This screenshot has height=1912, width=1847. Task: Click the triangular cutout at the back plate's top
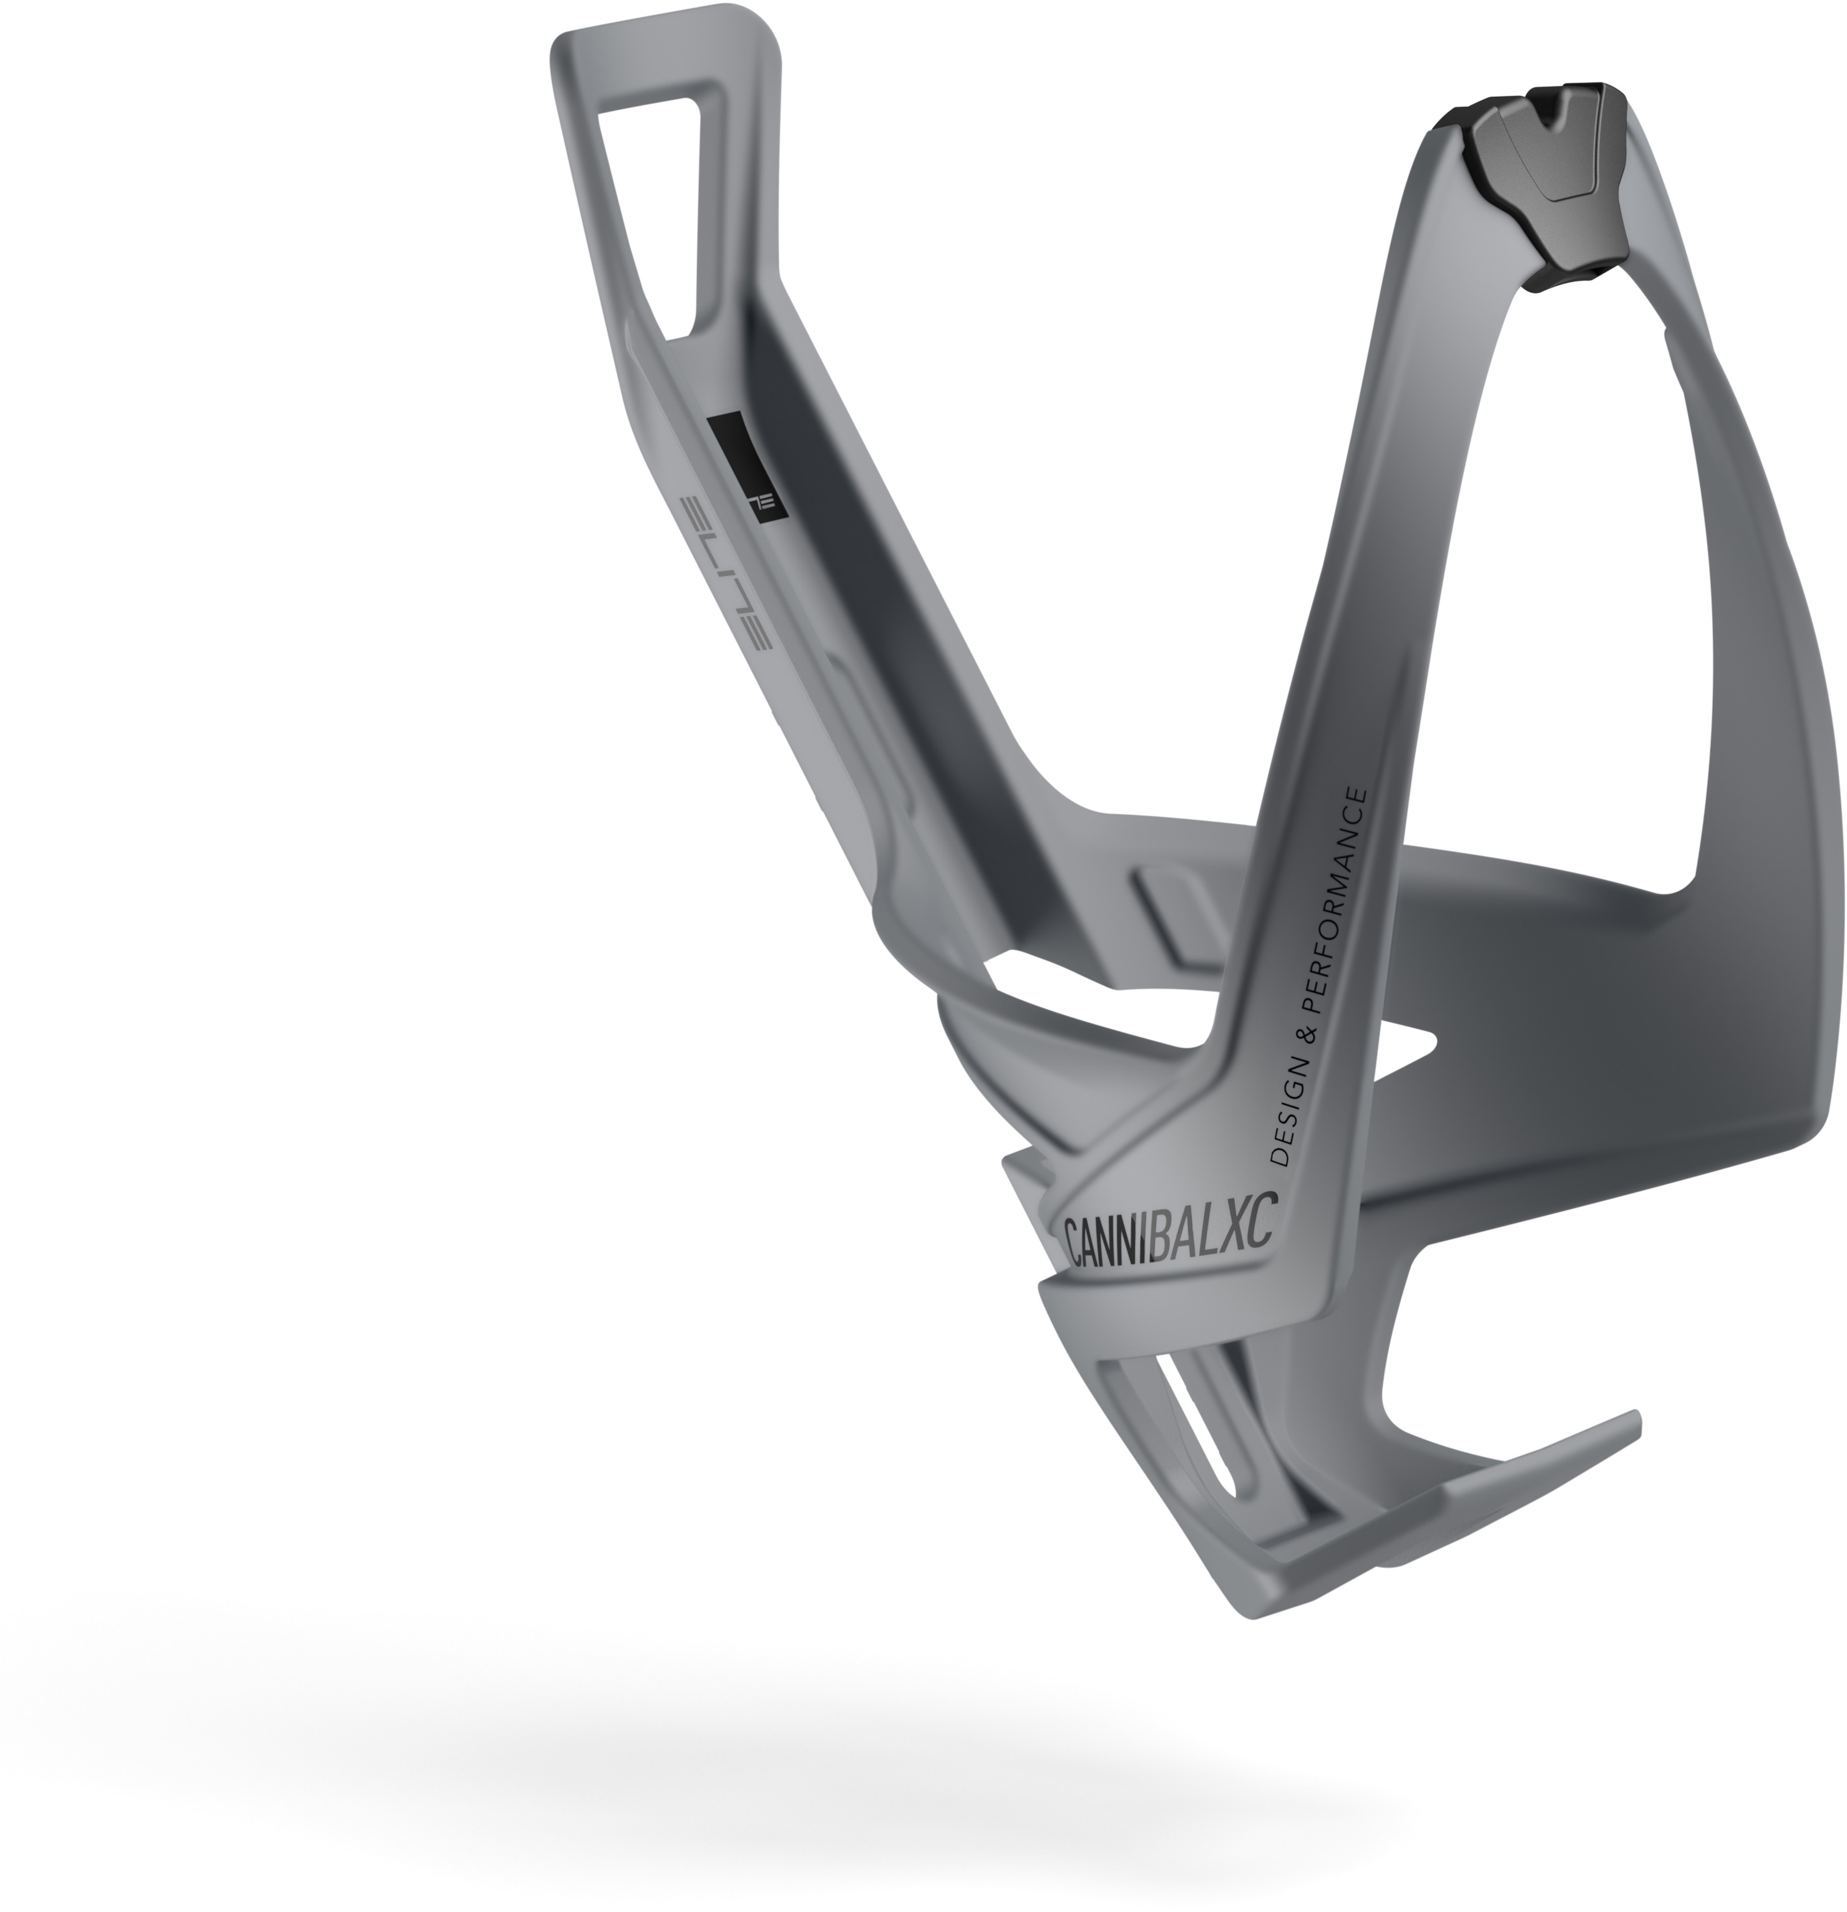click(655, 209)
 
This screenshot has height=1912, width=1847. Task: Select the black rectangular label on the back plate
click(744, 469)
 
